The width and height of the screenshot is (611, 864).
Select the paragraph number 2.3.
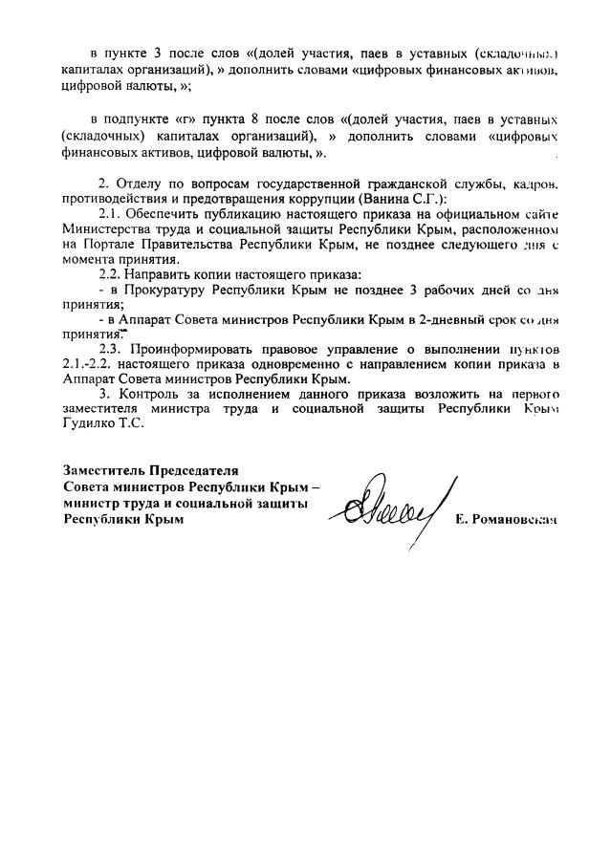[112, 350]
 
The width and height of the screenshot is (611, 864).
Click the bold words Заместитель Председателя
[151, 470]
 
